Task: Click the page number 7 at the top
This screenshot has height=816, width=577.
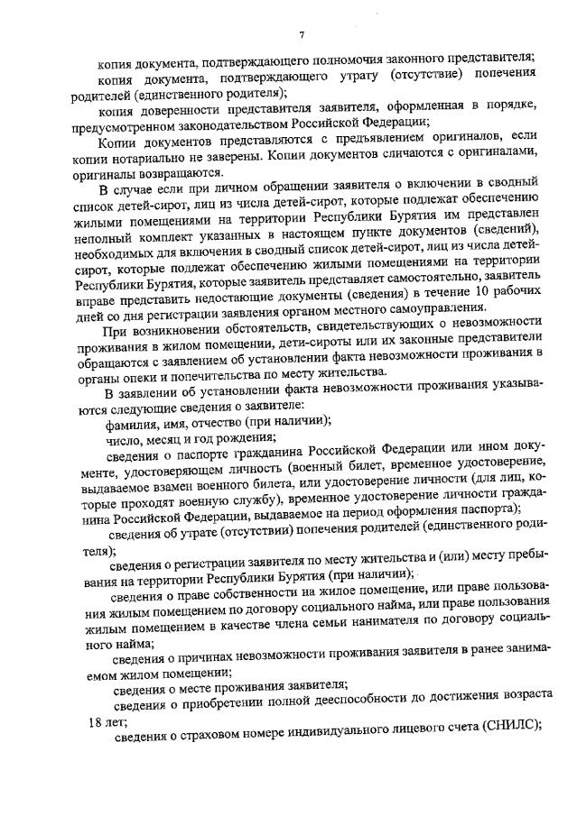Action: pyautogui.click(x=302, y=35)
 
